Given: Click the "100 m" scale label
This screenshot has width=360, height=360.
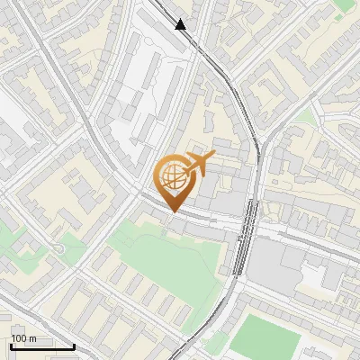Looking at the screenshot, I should (23, 338).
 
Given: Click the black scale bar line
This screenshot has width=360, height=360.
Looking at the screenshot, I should (42, 346).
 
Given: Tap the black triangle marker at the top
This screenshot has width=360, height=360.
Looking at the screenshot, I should (182, 24).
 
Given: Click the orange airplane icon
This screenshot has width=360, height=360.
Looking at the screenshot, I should (199, 164).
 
